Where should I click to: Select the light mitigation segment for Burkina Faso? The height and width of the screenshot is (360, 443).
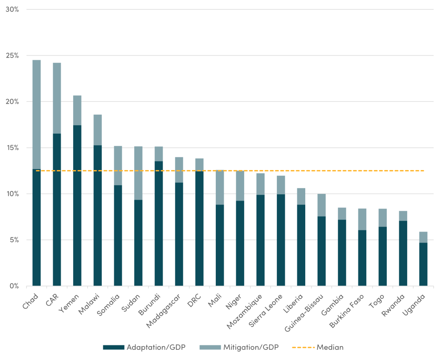coord(362,219)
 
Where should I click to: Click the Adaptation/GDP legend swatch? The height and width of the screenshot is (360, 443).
coord(113,348)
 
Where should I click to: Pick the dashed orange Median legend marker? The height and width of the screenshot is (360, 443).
coord(303,348)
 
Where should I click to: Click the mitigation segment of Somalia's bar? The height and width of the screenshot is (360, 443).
coord(118,166)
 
